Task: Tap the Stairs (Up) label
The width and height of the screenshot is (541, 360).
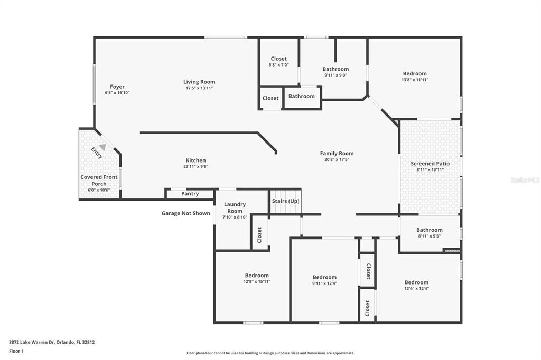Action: click(x=285, y=201)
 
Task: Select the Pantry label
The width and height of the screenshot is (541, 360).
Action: click(x=190, y=194)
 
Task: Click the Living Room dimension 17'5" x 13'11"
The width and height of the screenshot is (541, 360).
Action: click(x=199, y=88)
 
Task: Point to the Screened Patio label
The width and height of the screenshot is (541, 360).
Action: click(x=430, y=164)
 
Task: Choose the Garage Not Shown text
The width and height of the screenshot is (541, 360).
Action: click(x=185, y=213)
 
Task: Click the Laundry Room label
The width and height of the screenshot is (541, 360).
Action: click(x=235, y=207)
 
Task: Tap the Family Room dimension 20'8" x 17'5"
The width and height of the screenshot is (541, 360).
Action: click(x=337, y=159)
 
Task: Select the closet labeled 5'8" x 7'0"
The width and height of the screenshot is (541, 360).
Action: click(x=278, y=62)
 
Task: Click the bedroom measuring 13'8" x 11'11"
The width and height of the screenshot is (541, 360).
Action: click(x=415, y=77)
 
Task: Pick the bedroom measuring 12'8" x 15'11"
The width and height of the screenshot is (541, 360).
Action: click(x=257, y=278)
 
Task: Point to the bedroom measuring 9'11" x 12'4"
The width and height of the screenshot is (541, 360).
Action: click(x=324, y=280)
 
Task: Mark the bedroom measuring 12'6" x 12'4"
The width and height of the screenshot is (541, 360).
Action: click(x=416, y=285)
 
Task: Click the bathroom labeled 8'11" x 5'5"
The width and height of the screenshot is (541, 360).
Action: click(x=429, y=233)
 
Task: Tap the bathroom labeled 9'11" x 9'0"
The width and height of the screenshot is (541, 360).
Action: click(x=335, y=72)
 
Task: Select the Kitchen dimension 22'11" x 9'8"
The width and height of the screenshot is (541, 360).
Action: click(x=195, y=167)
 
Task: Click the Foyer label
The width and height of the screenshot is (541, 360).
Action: click(x=117, y=87)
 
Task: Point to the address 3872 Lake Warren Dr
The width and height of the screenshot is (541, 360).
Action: click(x=52, y=342)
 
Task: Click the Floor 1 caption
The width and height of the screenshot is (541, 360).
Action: click(x=16, y=351)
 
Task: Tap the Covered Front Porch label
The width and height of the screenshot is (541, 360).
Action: click(x=99, y=181)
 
